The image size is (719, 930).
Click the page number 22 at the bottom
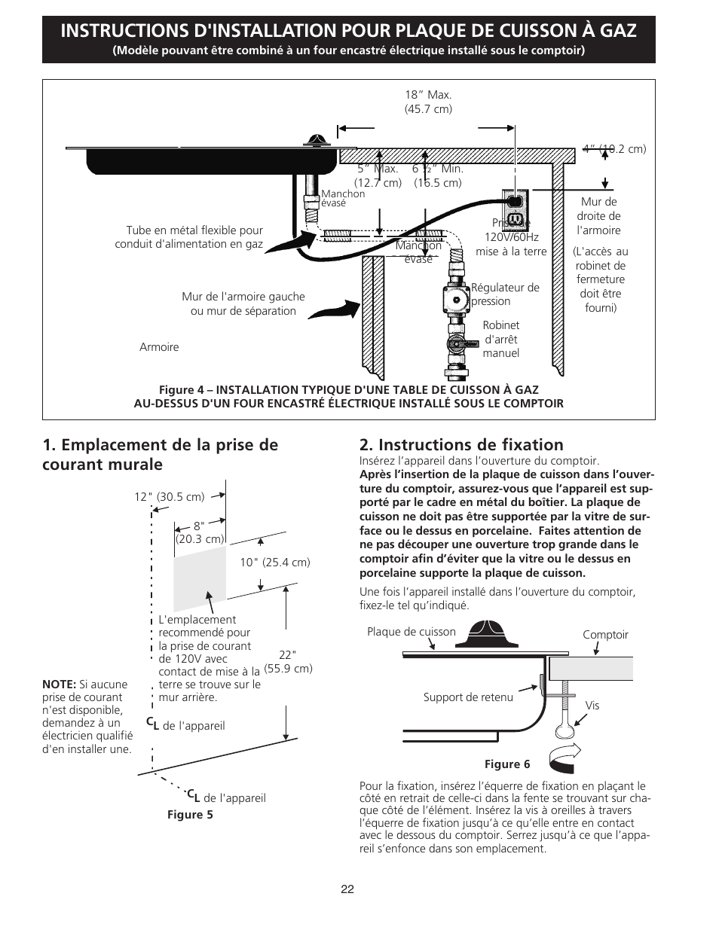347,889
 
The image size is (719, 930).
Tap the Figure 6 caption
506,764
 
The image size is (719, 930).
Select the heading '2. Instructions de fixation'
461,444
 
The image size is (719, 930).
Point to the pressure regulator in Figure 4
456,294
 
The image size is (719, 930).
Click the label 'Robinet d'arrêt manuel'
501,339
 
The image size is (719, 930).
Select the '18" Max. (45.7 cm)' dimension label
428,102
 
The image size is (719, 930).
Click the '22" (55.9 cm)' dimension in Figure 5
295,661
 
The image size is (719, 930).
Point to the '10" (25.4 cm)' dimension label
275,562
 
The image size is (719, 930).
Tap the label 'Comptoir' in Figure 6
605,634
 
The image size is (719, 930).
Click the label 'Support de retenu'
468,697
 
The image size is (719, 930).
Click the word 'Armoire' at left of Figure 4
159,347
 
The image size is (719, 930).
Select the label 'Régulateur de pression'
505,294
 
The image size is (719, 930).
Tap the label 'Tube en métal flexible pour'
194,230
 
